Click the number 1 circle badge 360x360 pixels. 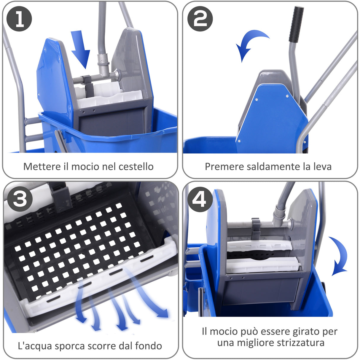(19, 19)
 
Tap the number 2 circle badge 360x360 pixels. (200, 19)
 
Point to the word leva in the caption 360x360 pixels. (322, 167)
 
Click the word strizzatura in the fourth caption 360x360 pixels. (300, 343)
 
